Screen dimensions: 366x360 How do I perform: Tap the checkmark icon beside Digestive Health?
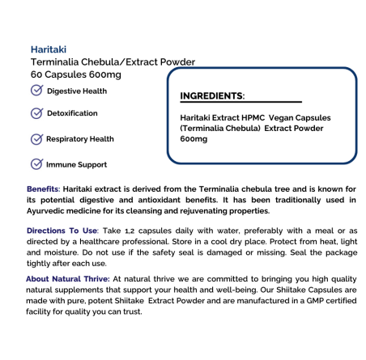36,91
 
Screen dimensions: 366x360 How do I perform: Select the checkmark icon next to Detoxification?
36,114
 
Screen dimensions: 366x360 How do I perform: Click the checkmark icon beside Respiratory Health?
36,139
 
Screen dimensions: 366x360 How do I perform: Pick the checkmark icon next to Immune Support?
36,164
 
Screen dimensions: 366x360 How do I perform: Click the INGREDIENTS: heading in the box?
212,95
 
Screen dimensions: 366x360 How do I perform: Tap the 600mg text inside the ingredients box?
194,138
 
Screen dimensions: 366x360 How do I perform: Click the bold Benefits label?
43,188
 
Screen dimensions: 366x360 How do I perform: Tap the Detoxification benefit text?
72,114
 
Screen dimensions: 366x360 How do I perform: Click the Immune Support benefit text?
77,165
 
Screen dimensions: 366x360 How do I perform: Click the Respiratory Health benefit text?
80,139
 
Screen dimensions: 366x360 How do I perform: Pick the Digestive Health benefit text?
77,91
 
